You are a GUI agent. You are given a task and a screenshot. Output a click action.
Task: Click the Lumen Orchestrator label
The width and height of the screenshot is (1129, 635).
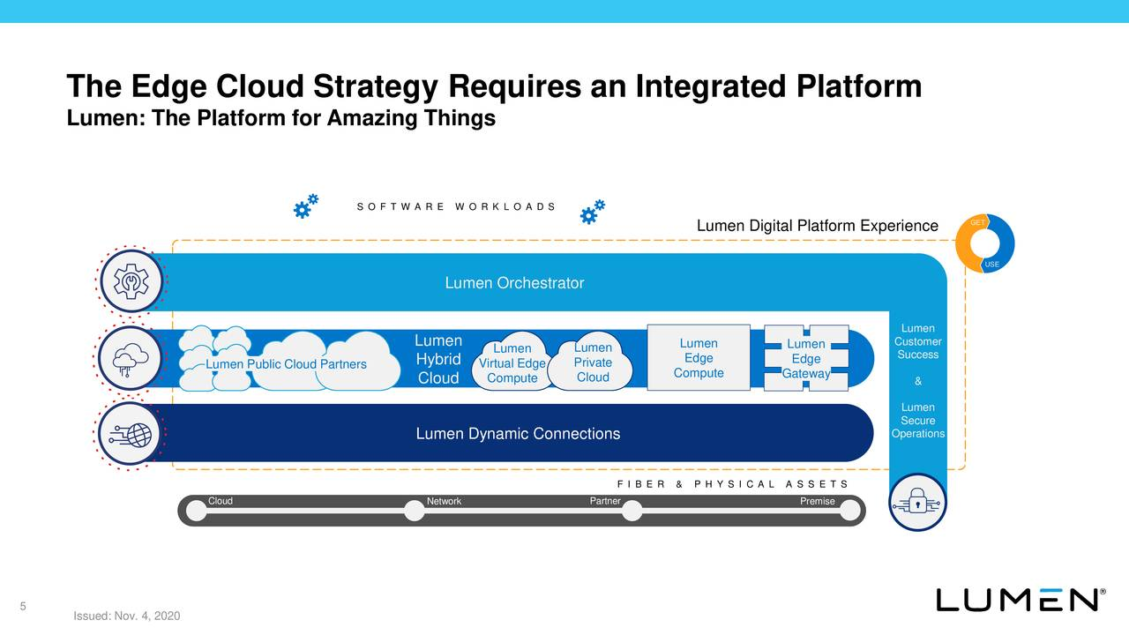[x=514, y=283]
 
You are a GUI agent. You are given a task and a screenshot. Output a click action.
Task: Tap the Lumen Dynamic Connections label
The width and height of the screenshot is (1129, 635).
[x=518, y=433]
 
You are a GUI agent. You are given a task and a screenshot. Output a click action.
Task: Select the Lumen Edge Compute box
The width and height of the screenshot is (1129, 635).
[x=699, y=358]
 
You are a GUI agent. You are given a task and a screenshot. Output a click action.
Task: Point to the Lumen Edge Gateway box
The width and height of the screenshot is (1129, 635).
[x=806, y=358]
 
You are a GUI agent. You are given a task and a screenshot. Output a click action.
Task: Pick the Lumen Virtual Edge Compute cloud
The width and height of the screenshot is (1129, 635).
[x=512, y=362]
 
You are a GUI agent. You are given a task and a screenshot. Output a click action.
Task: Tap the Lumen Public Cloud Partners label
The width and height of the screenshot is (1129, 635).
[x=286, y=364]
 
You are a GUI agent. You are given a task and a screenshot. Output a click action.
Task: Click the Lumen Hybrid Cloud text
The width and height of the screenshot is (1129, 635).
[x=438, y=359]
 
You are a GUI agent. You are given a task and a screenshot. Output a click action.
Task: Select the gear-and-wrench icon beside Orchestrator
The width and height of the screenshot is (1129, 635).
[x=131, y=280]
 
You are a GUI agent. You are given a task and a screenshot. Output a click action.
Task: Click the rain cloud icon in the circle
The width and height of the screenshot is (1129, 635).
[x=131, y=358]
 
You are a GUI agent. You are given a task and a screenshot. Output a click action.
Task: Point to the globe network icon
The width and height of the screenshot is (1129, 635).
[x=131, y=435]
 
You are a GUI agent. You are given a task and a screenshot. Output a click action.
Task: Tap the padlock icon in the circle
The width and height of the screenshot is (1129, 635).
[x=917, y=502]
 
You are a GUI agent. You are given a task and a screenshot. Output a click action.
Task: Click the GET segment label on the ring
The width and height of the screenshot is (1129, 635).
[x=977, y=222]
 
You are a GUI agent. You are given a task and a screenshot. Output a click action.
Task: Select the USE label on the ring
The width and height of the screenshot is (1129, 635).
[x=991, y=264]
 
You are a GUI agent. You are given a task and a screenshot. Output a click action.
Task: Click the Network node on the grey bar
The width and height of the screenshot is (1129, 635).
[x=415, y=511]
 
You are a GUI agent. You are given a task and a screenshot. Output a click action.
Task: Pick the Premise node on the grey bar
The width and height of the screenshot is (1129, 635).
[x=849, y=511]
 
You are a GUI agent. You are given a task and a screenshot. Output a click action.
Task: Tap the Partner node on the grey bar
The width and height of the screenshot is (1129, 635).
[x=632, y=511]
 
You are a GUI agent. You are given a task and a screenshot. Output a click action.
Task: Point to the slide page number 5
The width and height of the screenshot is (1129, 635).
[x=23, y=606]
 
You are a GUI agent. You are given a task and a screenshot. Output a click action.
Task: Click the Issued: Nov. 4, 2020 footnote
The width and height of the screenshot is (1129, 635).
[x=126, y=616]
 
